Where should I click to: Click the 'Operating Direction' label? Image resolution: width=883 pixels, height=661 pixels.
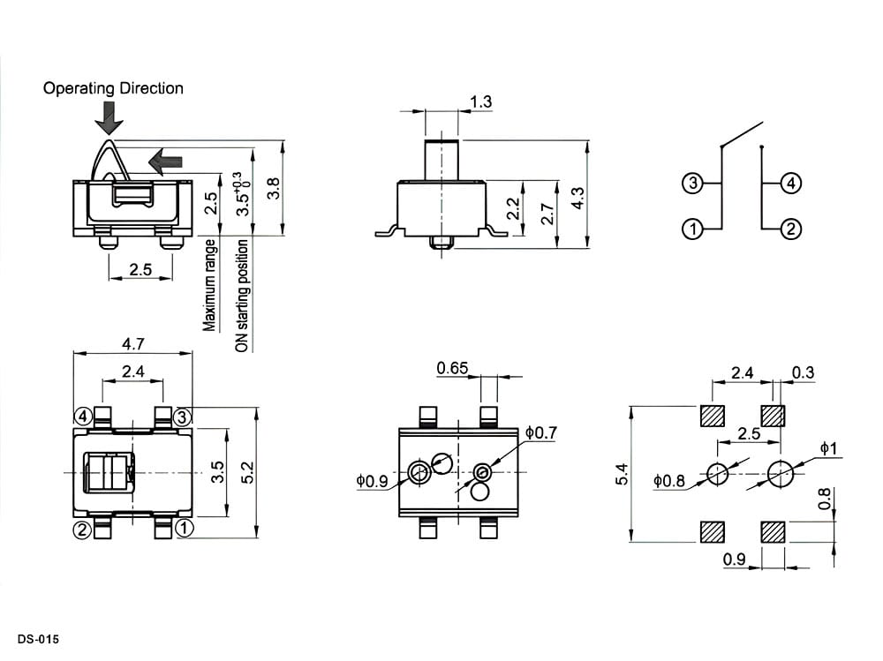tap(113, 88)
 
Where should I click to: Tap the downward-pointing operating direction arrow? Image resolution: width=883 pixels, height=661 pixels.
tap(108, 118)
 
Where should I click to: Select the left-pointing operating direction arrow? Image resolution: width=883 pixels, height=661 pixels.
tap(166, 161)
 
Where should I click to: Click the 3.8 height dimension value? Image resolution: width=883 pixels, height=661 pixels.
tap(273, 188)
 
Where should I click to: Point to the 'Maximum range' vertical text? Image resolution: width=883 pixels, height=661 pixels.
tap(209, 285)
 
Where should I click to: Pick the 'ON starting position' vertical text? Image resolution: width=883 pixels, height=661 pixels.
tap(242, 296)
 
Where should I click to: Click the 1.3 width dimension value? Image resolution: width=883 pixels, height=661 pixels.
tap(480, 101)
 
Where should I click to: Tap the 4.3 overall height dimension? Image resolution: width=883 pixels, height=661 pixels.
tap(577, 199)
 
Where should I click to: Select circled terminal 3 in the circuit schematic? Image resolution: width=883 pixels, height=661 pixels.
tap(692, 183)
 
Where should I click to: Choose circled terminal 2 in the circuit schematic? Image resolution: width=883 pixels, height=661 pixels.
tap(790, 229)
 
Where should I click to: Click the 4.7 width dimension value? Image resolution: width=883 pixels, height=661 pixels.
tap(133, 343)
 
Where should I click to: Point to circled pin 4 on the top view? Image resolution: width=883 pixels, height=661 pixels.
tap(83, 417)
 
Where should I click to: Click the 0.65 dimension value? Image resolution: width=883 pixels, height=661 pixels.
tap(452, 368)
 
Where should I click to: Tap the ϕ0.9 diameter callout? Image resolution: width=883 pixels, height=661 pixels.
tap(372, 481)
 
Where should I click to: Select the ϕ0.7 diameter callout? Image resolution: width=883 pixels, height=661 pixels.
tap(541, 432)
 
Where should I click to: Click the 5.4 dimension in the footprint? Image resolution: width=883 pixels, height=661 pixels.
tap(621, 474)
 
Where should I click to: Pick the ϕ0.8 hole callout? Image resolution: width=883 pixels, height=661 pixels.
tap(669, 480)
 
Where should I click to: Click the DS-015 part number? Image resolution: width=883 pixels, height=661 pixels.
tap(38, 639)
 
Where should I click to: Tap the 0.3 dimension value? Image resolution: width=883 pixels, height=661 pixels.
tap(803, 372)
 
